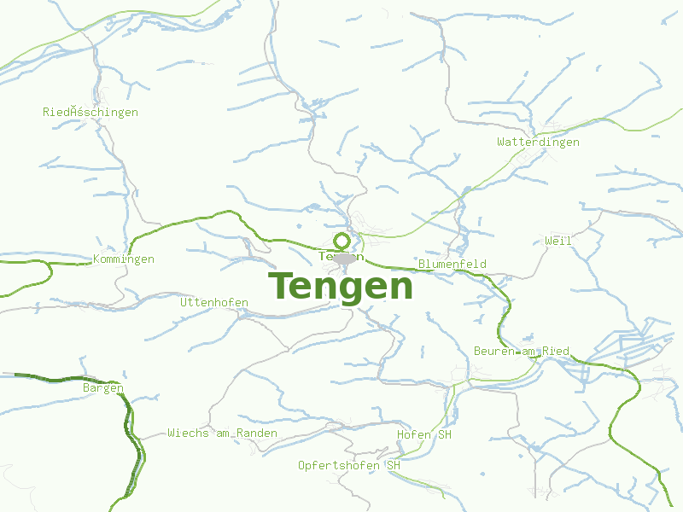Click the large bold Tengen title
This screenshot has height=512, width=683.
341,286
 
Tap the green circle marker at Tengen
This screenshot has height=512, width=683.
341,241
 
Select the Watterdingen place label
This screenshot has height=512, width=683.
538,142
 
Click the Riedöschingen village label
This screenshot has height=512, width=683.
90,112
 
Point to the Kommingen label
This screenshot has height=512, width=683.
124,259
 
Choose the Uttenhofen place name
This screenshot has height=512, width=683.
213,302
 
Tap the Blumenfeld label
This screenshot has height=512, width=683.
452,264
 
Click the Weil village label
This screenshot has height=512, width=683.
558,241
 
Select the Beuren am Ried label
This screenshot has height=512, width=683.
521,351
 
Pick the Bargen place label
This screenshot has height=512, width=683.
102,387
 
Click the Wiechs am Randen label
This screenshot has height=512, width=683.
222,433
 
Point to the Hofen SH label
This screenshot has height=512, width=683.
423,434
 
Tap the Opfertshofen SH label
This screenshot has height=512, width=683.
348,465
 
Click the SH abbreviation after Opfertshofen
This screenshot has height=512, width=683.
393,465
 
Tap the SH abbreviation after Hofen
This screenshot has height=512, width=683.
444,434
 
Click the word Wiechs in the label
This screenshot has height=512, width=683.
188,433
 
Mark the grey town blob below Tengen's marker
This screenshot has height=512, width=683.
344,259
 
